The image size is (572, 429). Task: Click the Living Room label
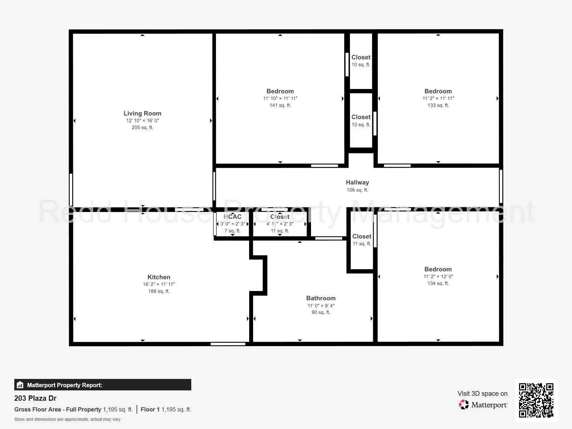(142, 113)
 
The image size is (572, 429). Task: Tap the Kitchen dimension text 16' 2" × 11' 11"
(159, 284)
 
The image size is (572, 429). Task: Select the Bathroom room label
(321, 298)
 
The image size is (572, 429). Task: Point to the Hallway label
(357, 182)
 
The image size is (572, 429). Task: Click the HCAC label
(232, 217)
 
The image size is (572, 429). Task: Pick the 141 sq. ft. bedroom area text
(280, 105)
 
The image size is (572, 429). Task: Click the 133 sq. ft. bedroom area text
(438, 105)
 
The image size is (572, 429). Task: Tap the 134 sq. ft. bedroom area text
(438, 283)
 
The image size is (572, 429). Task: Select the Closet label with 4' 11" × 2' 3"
(280, 217)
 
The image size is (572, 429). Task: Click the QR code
(536, 400)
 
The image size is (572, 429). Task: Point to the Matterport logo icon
(464, 405)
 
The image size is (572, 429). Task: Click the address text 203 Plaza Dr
(35, 398)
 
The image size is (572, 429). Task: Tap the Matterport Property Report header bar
(103, 385)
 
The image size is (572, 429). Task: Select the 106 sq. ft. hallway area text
(357, 190)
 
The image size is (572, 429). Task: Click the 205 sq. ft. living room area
(142, 128)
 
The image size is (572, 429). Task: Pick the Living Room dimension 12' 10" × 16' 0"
(142, 121)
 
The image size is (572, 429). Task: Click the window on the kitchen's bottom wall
(228, 344)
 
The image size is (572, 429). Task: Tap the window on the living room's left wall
(71, 189)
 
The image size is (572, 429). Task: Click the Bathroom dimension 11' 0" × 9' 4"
(321, 306)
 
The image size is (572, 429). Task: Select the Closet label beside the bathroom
(362, 236)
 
